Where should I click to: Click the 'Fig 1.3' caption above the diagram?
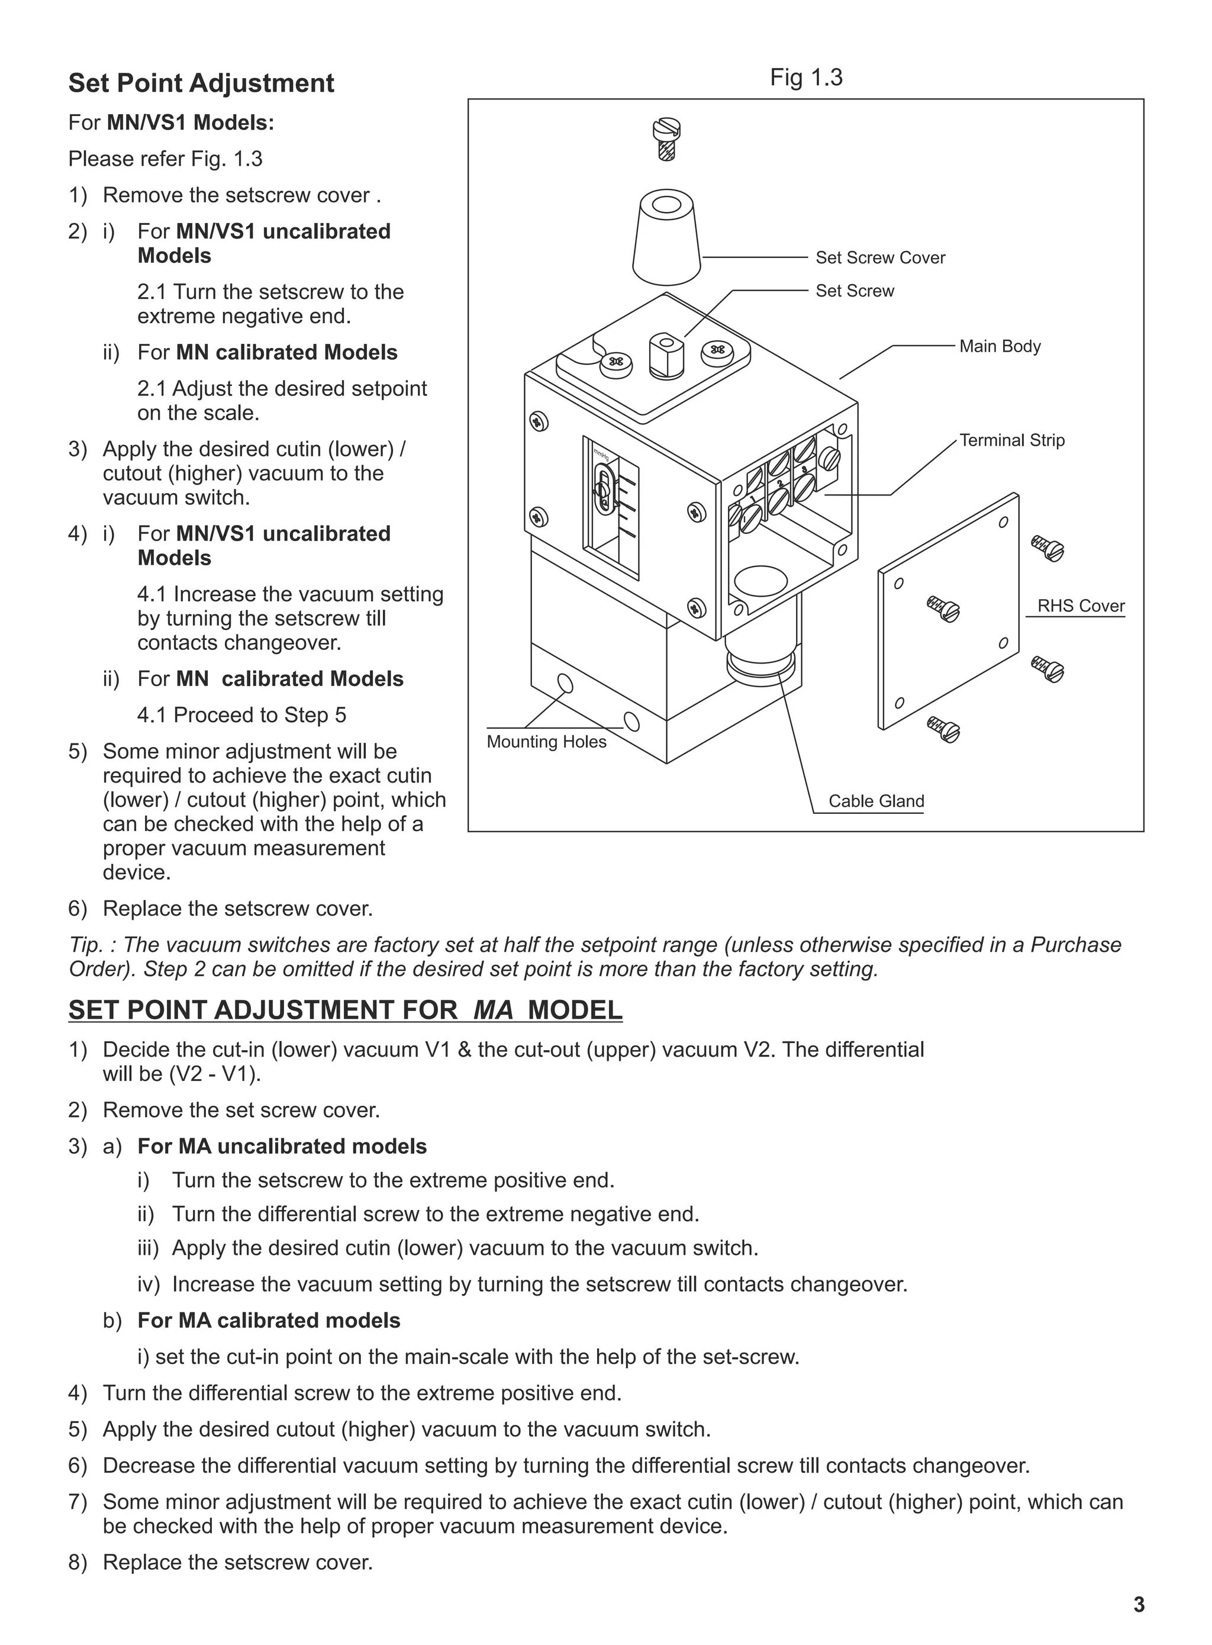[805, 78]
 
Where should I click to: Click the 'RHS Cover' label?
[1080, 606]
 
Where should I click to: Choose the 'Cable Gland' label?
[876, 801]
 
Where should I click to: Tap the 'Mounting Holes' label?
[547, 742]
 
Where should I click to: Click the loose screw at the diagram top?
[666, 137]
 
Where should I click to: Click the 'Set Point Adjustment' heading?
[201, 83]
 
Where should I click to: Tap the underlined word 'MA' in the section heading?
[493, 1010]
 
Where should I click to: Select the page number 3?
[1138, 1605]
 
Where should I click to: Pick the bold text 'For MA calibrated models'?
[269, 1321]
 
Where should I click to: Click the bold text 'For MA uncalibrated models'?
[282, 1146]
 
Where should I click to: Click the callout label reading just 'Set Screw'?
[855, 291]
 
